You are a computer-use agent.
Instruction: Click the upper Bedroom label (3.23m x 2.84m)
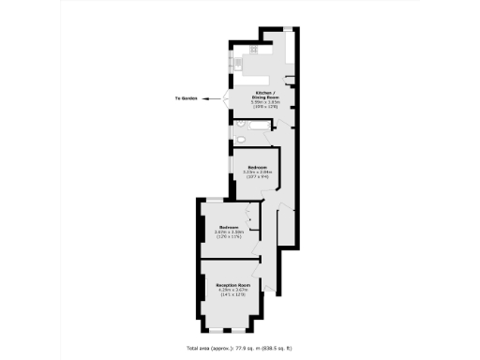[x=257, y=167]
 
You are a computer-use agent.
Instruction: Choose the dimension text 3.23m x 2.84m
[x=257, y=172]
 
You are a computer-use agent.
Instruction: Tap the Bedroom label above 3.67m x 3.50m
[x=229, y=227]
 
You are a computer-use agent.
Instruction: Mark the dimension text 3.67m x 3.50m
[x=229, y=232]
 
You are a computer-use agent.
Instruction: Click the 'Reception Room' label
[x=231, y=284]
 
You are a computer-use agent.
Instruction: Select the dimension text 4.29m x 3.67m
[x=231, y=289]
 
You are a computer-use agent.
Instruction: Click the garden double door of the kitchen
[x=226, y=97]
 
